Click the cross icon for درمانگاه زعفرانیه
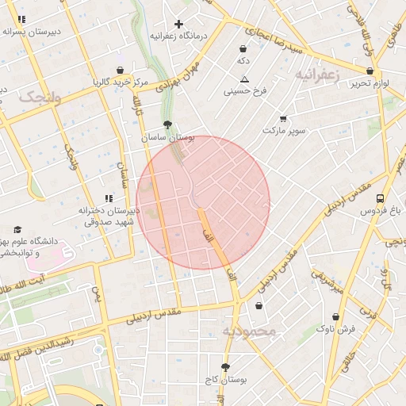coord(179,24)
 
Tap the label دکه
coord(243,60)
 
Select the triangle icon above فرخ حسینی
coord(244,79)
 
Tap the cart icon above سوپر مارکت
coord(283,118)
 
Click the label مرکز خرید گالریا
coord(120,82)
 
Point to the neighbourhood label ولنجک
coord(39,97)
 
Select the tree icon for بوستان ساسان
coord(167,125)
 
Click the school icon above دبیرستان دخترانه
coord(108,199)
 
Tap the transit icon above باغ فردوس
coord(381,198)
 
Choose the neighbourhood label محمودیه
coord(248,331)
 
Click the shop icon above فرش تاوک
coord(335,316)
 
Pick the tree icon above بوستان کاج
coord(225,367)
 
